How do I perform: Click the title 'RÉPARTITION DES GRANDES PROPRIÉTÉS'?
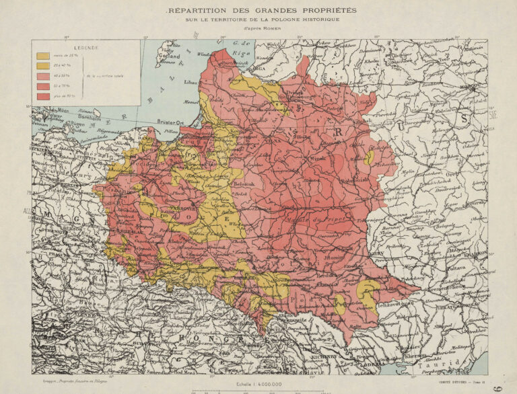click(263, 11)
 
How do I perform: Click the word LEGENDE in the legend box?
click(86, 48)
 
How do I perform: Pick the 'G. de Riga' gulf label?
click(240, 46)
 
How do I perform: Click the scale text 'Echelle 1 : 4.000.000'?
click(258, 384)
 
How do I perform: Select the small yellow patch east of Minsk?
click(370, 157)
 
